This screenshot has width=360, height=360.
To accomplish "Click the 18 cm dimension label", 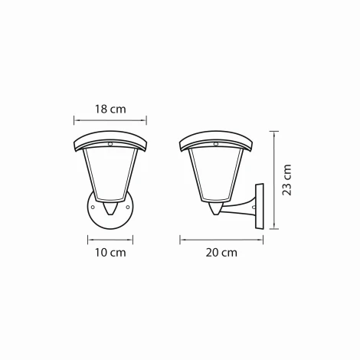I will (110, 110).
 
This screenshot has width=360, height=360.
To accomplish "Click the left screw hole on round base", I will (94, 205).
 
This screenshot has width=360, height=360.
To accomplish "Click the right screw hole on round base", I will (127, 205).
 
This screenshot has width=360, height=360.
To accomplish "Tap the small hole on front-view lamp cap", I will (110, 142).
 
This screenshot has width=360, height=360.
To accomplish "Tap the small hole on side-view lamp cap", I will (215, 142).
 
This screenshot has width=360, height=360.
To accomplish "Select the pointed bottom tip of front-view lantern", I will (110, 213).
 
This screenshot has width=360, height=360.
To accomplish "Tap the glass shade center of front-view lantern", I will (110, 176).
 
